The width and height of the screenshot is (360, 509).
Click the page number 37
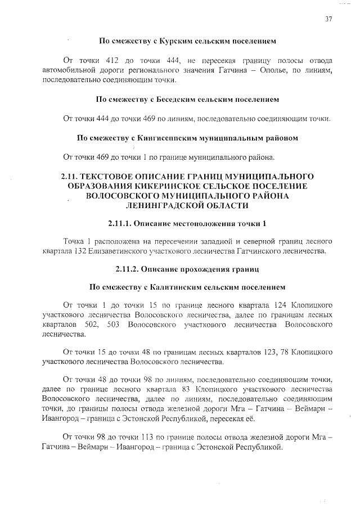click(328, 19)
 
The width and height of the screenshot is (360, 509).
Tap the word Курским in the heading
click(176, 41)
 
